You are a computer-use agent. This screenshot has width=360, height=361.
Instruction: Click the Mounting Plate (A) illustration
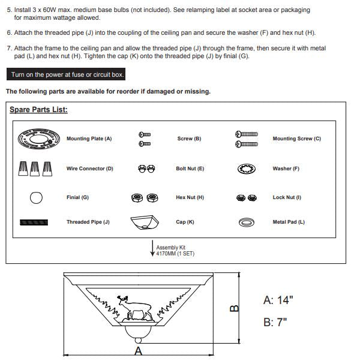tap(38, 139)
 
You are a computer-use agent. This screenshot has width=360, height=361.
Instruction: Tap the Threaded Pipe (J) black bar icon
tap(34, 222)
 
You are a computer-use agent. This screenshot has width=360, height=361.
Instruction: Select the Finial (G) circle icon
tap(36, 198)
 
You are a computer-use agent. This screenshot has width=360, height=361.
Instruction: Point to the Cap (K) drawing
tap(145, 222)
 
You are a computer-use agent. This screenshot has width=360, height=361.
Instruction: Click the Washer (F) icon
tap(246, 169)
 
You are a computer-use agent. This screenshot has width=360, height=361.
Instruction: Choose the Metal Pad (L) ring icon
tap(247, 222)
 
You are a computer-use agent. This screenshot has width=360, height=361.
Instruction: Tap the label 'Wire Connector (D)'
tap(90, 169)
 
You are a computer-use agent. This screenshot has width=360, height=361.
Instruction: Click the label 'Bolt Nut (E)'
tap(190, 169)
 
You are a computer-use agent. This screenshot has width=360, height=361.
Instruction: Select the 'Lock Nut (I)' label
tap(287, 197)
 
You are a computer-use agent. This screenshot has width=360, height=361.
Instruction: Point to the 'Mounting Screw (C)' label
tap(296, 139)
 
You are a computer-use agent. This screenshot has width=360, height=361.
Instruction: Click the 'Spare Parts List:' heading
tap(38, 110)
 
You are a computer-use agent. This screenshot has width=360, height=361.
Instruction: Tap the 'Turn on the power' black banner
tap(66, 74)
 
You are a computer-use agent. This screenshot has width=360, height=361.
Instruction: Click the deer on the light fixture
tap(135, 308)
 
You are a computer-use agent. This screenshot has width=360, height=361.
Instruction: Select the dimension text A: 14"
tap(278, 300)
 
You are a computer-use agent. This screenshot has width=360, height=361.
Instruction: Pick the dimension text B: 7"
tap(275, 322)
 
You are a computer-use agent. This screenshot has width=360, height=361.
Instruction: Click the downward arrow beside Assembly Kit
tap(152, 248)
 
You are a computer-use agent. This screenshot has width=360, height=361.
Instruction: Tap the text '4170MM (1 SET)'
tap(175, 254)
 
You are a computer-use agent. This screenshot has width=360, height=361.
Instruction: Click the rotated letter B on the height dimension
tap(235, 308)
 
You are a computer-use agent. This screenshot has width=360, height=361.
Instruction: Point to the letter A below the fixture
tap(138, 351)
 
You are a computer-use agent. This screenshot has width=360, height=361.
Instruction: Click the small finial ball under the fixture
tap(138, 341)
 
